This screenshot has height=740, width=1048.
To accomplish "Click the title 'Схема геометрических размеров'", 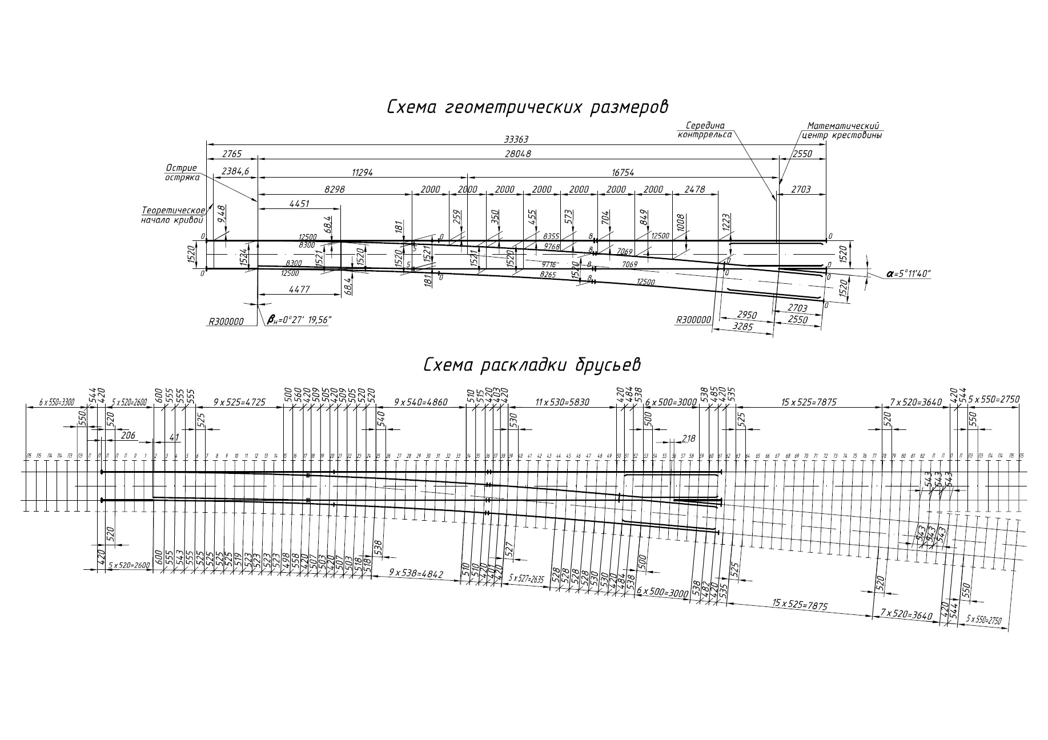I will coord(527,107).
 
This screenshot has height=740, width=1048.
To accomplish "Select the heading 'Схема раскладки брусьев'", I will coord(531,365).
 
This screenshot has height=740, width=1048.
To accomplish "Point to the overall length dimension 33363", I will coord(516,139).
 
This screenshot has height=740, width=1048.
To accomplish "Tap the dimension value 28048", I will coord(517,154).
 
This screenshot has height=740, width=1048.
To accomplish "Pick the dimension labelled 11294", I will coord(362,172).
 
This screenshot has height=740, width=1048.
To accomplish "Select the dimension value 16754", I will coord(623,172).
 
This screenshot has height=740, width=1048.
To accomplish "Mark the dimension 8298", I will coord(335,189).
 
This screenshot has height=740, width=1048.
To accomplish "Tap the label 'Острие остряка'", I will coord(182,172).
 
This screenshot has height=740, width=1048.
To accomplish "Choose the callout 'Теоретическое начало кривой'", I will coord(173,215).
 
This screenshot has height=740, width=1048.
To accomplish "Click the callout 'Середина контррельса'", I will coord(705,130).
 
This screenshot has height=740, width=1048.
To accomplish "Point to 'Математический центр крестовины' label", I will coord(842,131).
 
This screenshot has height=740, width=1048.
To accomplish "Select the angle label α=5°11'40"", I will coord(908,274).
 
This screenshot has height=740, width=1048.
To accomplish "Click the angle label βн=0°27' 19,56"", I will coord(299,321).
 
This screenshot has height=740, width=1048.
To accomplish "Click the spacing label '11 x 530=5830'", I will coord(562,402).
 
